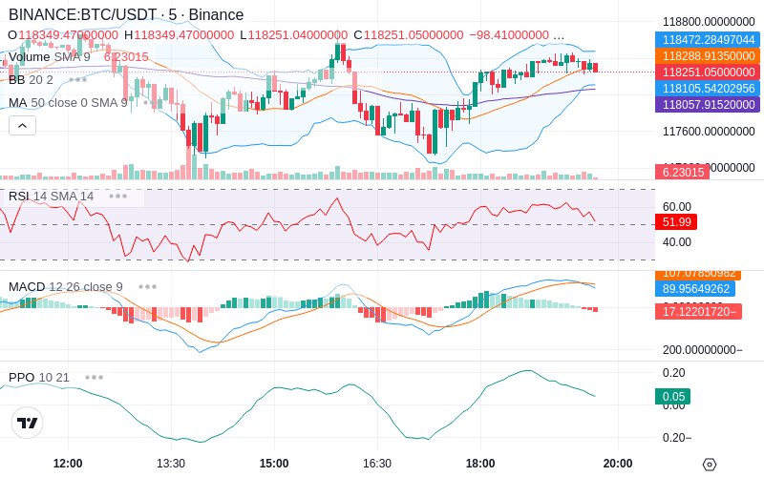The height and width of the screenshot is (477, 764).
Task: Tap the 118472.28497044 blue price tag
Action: [x=706, y=40]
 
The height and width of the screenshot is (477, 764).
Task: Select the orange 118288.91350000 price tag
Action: [x=706, y=56]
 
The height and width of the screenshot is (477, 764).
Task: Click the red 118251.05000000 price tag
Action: [x=706, y=73]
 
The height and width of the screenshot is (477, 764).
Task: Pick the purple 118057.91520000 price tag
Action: [x=706, y=105]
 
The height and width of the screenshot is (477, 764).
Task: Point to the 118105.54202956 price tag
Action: [x=706, y=89]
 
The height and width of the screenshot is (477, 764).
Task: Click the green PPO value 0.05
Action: [x=672, y=397]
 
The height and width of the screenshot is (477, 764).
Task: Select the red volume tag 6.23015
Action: [x=681, y=172]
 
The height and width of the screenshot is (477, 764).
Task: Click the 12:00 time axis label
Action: [x=68, y=464]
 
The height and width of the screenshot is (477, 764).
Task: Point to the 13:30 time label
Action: [x=171, y=464]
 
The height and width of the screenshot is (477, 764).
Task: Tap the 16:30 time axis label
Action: [x=377, y=464]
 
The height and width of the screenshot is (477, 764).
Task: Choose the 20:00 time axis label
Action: [x=618, y=464]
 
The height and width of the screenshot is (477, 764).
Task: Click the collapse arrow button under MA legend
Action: [x=22, y=125]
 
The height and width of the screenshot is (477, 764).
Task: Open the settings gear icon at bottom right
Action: [x=709, y=465]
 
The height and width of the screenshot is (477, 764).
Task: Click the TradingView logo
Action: [x=28, y=423]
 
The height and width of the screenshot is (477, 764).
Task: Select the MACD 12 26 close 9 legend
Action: [x=66, y=286]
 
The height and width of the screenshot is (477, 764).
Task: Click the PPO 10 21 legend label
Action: [x=39, y=377]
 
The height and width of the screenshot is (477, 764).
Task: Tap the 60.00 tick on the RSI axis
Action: [x=677, y=206]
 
